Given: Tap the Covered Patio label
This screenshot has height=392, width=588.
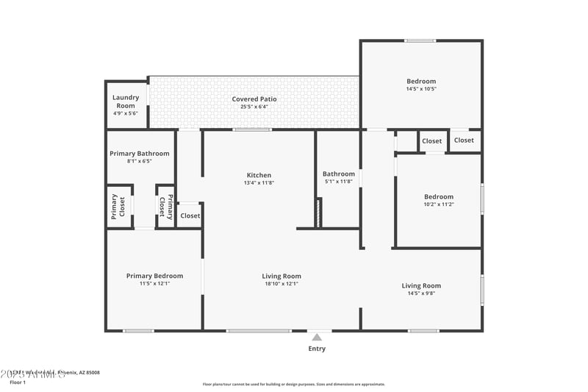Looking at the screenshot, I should [254, 99].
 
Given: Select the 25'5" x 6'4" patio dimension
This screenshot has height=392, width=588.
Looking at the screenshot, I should [254, 107].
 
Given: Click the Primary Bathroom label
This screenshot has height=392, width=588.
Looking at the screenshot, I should [140, 154].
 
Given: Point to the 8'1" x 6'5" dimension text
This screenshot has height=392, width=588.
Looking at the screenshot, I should [140, 161].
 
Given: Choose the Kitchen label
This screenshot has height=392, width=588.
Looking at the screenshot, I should [259, 175].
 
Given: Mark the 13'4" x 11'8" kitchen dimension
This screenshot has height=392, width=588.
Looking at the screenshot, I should [259, 182].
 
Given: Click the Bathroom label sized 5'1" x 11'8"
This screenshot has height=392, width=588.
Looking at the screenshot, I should [338, 174].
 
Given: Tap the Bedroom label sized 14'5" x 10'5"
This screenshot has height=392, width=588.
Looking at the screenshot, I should [421, 81].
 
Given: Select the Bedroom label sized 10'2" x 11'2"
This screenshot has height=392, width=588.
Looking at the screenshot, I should [439, 196].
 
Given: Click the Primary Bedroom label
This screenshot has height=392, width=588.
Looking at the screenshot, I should [154, 276].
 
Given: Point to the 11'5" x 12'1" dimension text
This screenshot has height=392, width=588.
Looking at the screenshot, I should [154, 283].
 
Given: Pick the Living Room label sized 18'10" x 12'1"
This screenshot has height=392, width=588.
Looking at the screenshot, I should [282, 277].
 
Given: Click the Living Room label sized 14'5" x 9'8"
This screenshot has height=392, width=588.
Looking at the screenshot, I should [421, 285].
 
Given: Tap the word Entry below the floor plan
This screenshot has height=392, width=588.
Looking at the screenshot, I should [317, 349].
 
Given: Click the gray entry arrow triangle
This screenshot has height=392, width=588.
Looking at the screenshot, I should [317, 337].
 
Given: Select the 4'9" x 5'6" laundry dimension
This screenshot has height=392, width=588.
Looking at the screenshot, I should [126, 113].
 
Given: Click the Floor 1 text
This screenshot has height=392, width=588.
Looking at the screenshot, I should [18, 382].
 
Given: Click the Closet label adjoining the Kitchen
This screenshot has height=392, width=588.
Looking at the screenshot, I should [190, 215].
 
